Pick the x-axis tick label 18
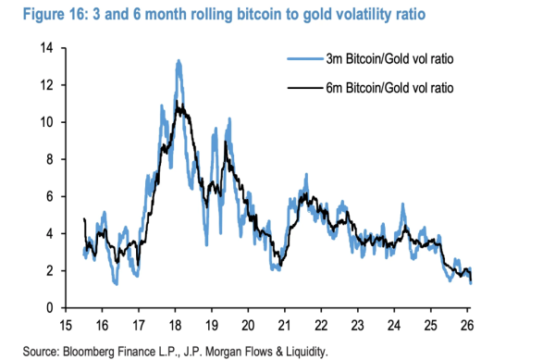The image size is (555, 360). click(176, 326)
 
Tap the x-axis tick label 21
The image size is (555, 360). click(284, 326)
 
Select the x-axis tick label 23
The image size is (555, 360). click(356, 326)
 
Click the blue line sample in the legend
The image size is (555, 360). click(307, 61)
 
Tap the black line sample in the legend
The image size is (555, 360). click(307, 88)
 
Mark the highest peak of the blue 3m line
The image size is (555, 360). click(179, 62)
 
